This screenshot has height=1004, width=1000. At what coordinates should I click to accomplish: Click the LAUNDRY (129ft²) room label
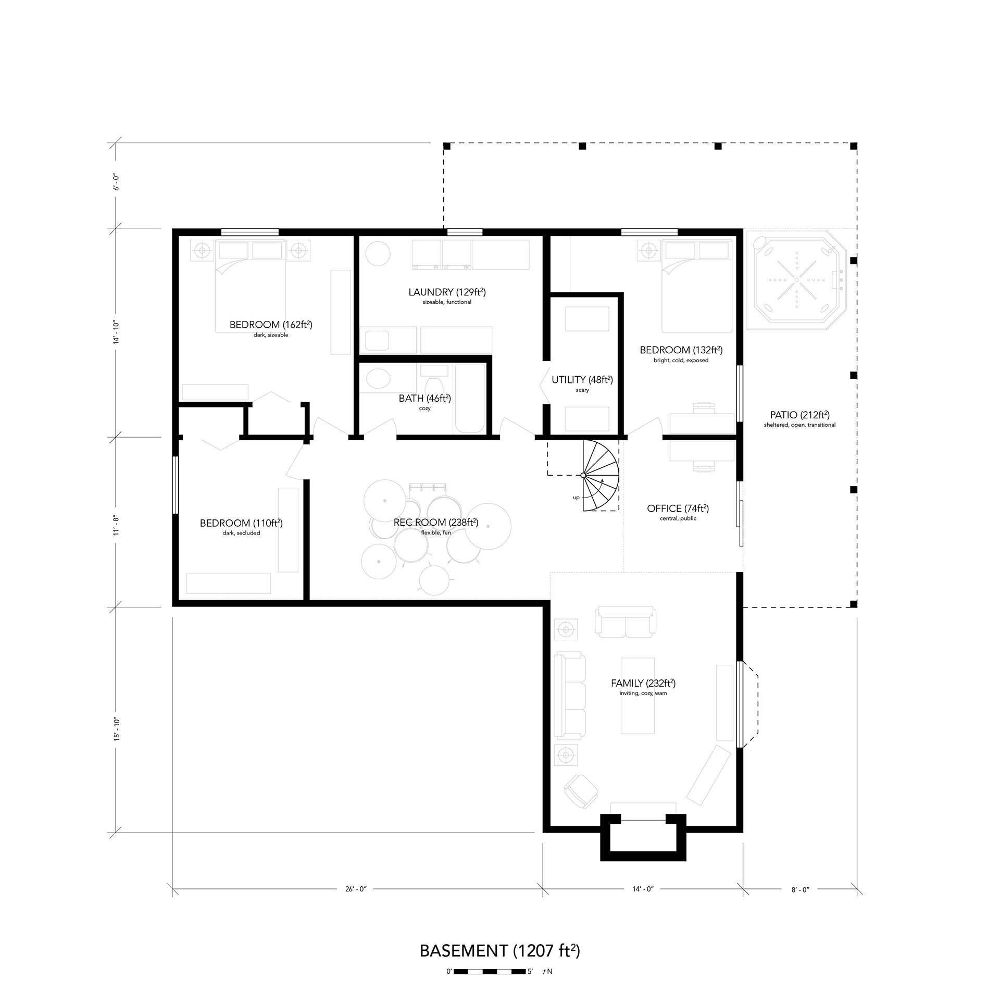[447, 292]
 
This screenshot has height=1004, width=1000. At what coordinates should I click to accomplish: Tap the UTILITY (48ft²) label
[582, 380]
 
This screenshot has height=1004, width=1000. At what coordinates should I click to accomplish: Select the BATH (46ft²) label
[424, 399]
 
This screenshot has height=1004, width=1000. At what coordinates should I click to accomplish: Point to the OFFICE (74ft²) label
[678, 509]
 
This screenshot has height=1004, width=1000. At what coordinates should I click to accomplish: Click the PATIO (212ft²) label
[799, 415]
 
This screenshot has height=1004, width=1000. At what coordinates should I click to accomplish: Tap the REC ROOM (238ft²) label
[436, 523]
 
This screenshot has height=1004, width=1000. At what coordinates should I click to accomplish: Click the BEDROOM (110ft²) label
[241, 523]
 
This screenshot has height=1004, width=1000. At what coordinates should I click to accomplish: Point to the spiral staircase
[601, 475]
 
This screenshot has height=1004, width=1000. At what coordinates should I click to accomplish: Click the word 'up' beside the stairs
[576, 498]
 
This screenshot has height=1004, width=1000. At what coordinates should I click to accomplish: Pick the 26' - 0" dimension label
[356, 889]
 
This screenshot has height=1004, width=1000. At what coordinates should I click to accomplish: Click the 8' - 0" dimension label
[801, 890]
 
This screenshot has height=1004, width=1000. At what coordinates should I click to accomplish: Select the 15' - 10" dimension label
[116, 729]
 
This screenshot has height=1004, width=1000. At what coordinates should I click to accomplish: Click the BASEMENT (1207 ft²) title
[500, 951]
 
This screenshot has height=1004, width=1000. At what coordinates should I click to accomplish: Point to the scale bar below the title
[490, 972]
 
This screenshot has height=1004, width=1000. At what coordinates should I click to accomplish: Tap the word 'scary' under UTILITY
[582, 390]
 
